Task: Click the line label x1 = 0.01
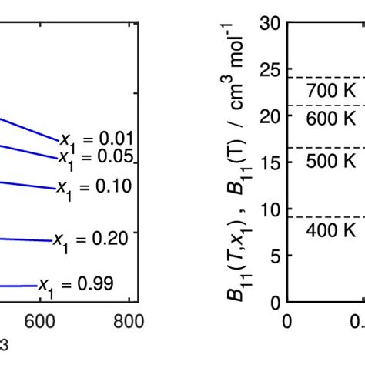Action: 97,140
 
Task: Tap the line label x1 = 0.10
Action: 93,187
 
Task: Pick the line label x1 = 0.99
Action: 76,285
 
